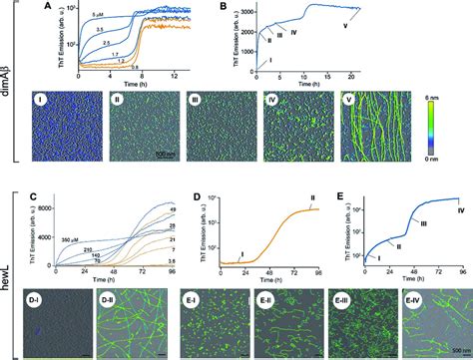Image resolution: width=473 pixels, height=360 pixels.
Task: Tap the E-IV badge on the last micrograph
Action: click(419, 296)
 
